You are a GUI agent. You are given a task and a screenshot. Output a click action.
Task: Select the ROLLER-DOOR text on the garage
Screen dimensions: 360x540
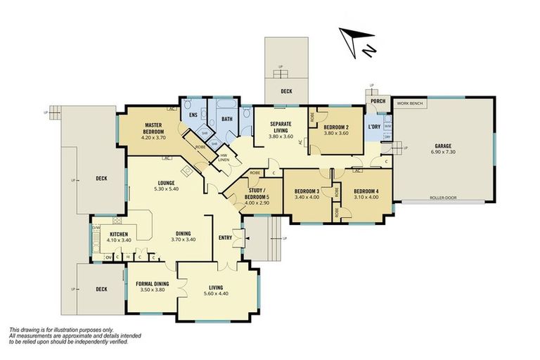click(x=443, y=198)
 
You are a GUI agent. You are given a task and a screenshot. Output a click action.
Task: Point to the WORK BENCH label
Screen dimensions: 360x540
click(x=411, y=103)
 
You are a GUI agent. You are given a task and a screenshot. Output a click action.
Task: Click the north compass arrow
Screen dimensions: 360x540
click(x=354, y=40)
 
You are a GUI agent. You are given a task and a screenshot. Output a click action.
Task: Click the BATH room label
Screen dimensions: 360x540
click(x=227, y=120)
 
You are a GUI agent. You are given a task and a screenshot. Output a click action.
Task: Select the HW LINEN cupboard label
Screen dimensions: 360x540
click(x=224, y=157)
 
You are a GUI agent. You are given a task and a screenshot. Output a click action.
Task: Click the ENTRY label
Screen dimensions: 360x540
click(x=225, y=237)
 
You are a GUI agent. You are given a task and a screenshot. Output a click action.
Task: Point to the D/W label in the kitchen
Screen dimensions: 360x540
click(x=96, y=227)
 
